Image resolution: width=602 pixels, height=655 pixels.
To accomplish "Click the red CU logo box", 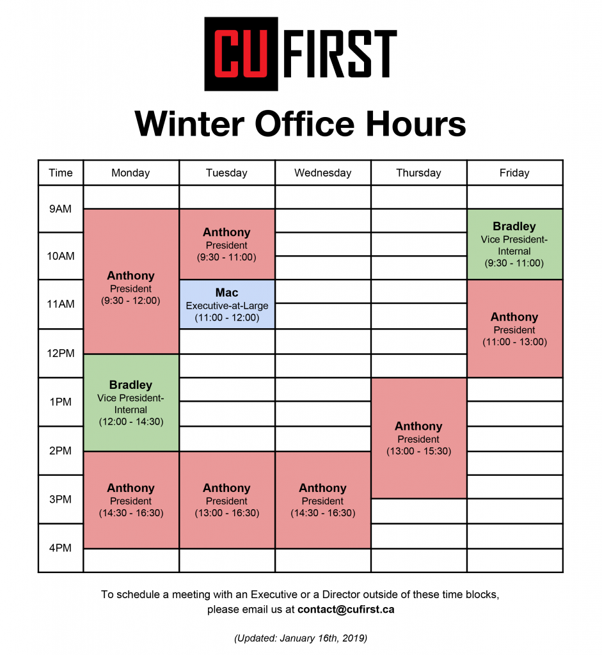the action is click(241, 54).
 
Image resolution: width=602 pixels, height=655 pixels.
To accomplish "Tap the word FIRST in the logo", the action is click(340, 54).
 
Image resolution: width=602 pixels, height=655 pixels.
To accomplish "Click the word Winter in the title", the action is click(189, 123).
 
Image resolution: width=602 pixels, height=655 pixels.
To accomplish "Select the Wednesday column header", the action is click(323, 173).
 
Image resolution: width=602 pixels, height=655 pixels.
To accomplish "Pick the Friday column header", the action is click(515, 173).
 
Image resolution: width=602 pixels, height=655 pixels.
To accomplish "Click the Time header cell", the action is click(61, 173).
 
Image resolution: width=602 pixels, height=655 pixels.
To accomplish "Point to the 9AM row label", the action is click(61, 209).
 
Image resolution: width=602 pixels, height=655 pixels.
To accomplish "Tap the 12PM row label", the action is click(61, 353).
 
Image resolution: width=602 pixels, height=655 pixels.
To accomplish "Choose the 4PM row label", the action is click(61, 548).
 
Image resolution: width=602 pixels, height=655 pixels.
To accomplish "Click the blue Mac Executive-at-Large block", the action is click(227, 304).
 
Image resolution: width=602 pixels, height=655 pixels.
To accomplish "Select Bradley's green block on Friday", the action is click(515, 244).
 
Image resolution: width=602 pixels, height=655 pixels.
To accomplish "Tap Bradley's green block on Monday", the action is click(131, 403).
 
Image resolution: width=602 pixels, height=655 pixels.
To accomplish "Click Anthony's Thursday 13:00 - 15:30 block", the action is click(418, 438).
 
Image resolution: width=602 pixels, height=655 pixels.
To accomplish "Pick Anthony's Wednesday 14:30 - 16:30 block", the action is click(323, 500).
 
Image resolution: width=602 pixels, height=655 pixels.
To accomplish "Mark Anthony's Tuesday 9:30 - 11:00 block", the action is click(227, 244).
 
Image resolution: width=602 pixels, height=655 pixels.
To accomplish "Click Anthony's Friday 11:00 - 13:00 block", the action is click(515, 329).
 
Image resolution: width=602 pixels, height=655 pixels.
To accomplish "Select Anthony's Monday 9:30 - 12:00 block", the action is click(131, 281).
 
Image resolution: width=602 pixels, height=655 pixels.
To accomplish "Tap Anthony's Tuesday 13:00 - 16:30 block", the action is click(227, 500).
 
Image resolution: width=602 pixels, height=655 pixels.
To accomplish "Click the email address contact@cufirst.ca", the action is click(346, 610).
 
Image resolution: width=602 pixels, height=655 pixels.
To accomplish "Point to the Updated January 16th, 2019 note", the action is click(301, 638).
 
